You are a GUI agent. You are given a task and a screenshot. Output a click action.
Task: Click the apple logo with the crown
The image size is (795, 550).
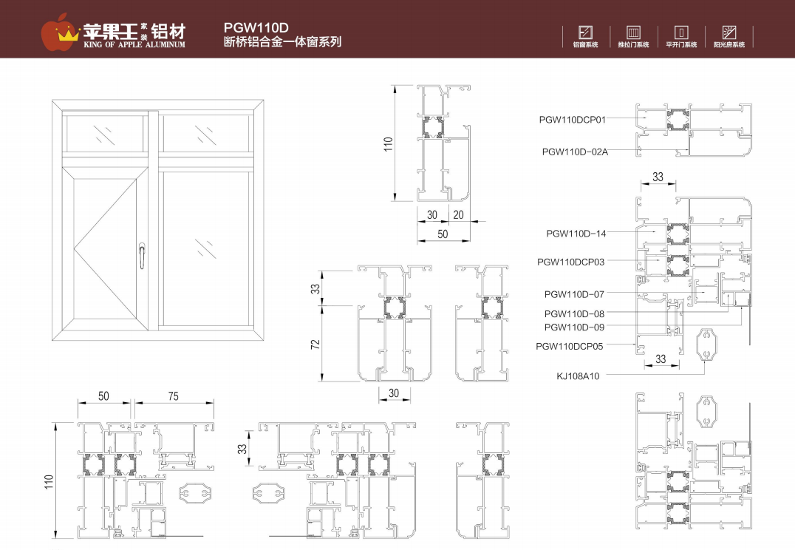(60, 30)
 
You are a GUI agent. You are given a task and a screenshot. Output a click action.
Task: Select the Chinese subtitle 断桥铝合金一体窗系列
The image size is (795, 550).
(282, 43)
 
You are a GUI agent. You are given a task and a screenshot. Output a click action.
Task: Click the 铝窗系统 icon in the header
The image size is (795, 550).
(586, 33)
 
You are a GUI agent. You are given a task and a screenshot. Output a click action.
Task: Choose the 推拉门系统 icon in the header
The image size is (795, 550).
(633, 33)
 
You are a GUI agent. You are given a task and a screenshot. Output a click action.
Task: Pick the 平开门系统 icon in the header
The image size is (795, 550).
(681, 33)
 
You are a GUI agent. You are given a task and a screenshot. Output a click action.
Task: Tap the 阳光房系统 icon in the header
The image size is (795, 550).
(729, 33)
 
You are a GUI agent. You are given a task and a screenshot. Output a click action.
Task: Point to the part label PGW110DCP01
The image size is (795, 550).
(573, 118)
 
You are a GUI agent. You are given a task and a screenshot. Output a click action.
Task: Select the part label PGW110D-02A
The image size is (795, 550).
(575, 152)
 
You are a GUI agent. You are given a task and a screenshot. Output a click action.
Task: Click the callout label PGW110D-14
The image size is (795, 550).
(576, 234)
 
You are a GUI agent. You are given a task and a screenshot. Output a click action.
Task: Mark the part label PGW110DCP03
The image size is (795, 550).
(571, 262)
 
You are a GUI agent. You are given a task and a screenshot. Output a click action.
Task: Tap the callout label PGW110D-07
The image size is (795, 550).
(574, 294)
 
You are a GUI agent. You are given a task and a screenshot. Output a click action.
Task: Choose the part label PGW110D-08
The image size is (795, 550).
(574, 314)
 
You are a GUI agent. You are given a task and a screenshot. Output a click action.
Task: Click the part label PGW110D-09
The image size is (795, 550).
(574, 327)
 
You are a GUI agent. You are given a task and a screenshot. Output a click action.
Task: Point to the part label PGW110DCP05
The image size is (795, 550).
(570, 346)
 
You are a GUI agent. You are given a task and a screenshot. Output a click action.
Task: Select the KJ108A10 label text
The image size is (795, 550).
(578, 376)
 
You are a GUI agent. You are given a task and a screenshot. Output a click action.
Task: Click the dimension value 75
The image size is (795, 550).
(173, 396)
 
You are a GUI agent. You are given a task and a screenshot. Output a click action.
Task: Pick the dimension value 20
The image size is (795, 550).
(458, 214)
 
